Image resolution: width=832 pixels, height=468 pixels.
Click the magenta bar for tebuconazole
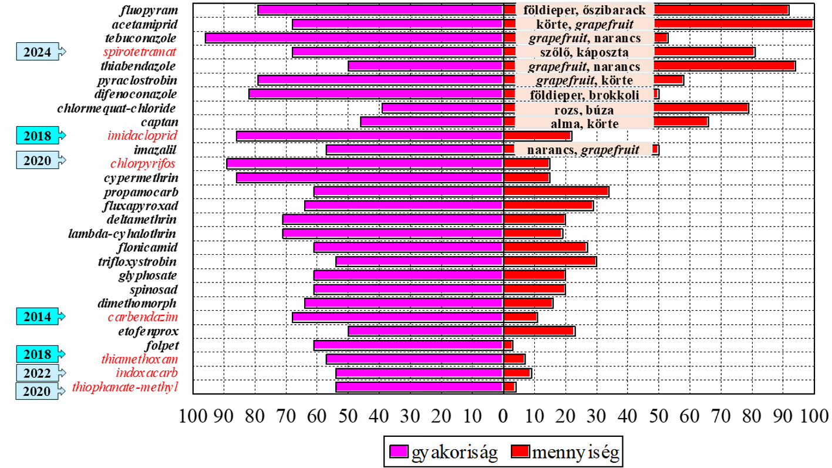[x=354, y=38]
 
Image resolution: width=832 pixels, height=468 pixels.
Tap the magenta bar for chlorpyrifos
[x=365, y=164]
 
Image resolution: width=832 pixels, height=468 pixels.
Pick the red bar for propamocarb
[x=556, y=191]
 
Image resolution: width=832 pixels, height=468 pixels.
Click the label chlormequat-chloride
[x=117, y=108]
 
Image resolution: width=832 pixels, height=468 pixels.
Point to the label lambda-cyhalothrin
[x=123, y=233]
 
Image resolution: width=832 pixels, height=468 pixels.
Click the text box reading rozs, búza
[x=584, y=109]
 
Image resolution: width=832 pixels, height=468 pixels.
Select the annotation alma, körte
[x=584, y=123]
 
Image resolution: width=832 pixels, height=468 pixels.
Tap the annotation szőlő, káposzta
[x=584, y=52]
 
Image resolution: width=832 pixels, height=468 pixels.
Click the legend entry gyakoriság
[x=444, y=452]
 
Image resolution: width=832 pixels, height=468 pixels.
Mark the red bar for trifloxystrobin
[x=550, y=261]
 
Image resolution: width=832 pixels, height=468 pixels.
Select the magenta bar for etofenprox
[x=426, y=331]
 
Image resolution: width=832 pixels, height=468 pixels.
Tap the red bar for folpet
[x=508, y=345]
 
